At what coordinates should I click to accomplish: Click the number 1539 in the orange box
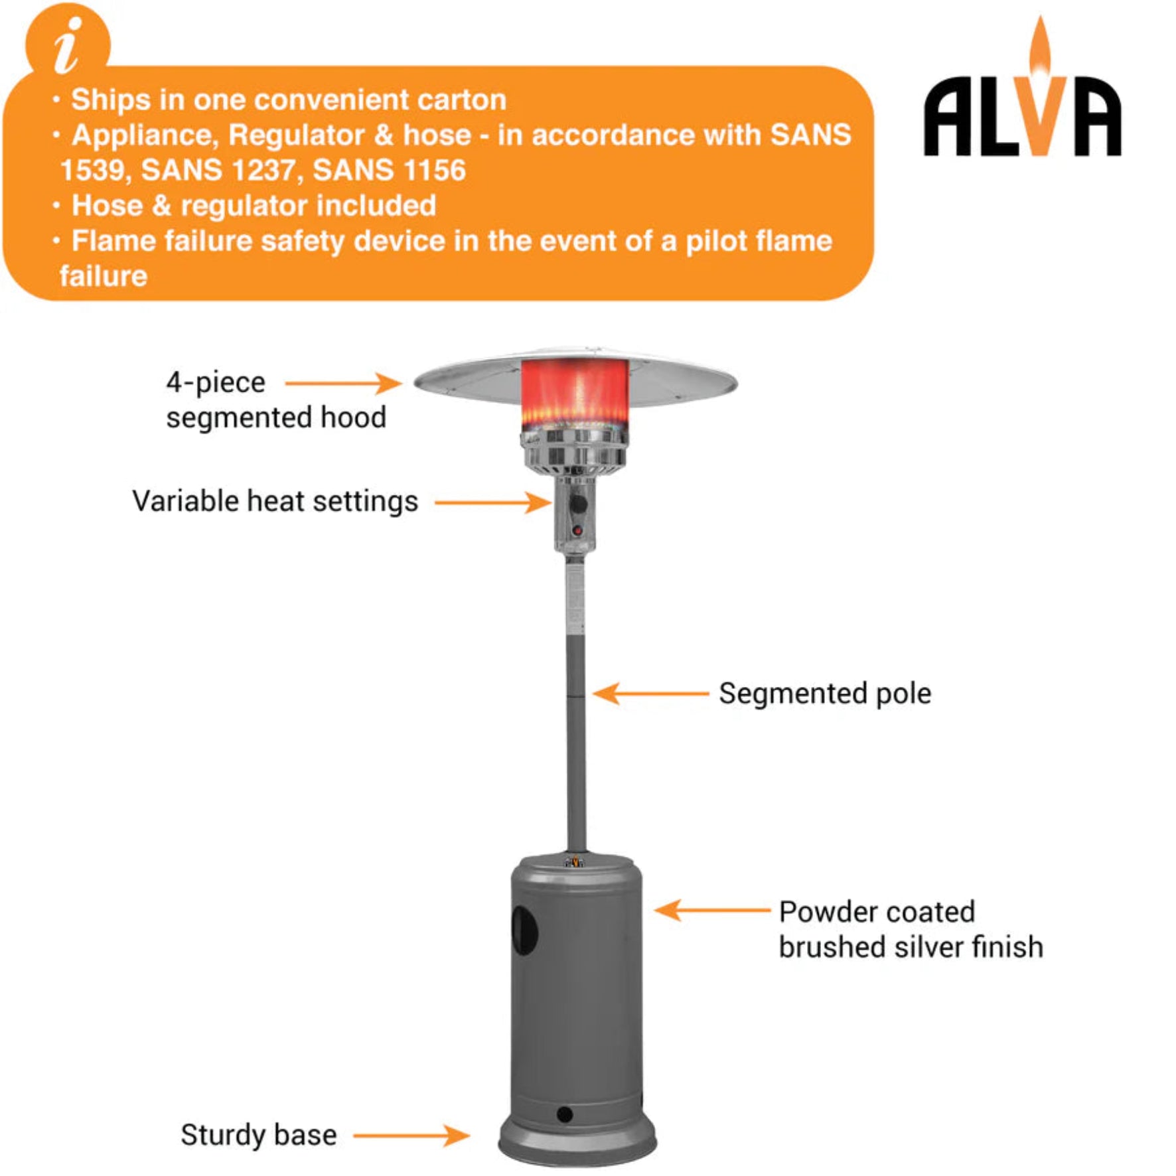[x=92, y=171]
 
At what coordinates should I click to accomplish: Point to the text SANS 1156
[x=389, y=171]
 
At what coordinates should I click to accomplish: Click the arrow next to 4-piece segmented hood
[x=342, y=383]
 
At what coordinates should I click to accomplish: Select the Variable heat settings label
[x=275, y=502]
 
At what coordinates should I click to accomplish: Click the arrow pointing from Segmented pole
[x=650, y=694]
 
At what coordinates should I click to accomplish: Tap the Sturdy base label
[x=258, y=1135]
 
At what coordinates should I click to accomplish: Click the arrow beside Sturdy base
[x=411, y=1135]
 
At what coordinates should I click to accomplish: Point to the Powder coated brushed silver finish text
[x=910, y=929]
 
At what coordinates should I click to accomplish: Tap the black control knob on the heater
[x=579, y=504]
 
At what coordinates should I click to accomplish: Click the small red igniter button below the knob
[x=577, y=530]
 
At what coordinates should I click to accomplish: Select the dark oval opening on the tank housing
[x=524, y=930]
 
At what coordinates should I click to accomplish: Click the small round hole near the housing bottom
[x=565, y=1114]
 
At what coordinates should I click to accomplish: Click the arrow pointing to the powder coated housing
[x=711, y=910]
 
